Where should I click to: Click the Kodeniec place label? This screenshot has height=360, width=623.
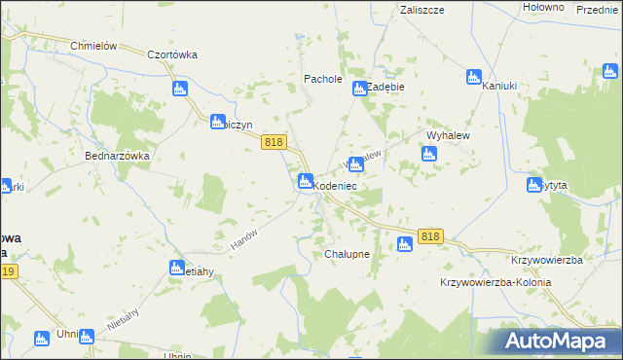pos(336,185)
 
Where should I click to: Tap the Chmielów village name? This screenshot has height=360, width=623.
pos(93,46)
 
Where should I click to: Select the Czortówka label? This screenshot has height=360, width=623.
pos(171,55)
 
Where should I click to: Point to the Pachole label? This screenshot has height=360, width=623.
pos(323,79)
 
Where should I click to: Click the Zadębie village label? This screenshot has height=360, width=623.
pos(385,86)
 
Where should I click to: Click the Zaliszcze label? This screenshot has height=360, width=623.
pos(421,9)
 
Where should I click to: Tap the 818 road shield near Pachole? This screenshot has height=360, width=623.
pos(274,142)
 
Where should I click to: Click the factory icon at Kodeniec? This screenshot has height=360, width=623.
pos(305,181)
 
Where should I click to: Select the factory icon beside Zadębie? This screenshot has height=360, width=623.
pos(359,90)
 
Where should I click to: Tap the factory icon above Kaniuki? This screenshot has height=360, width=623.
pos(474,77)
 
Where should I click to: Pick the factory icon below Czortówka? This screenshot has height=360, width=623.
pos(179,90)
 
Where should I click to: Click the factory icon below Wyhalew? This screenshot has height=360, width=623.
pos(428,153)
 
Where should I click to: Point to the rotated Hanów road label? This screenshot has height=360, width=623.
pos(242,237)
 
